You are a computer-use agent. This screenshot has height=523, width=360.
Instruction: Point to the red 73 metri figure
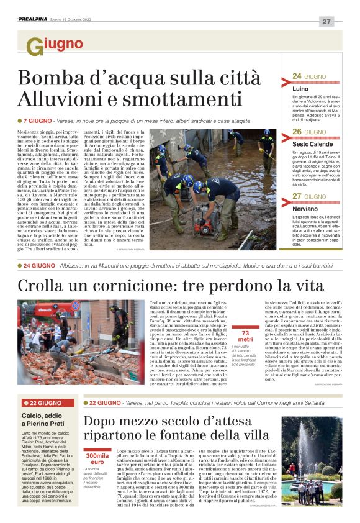pos(245,336)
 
